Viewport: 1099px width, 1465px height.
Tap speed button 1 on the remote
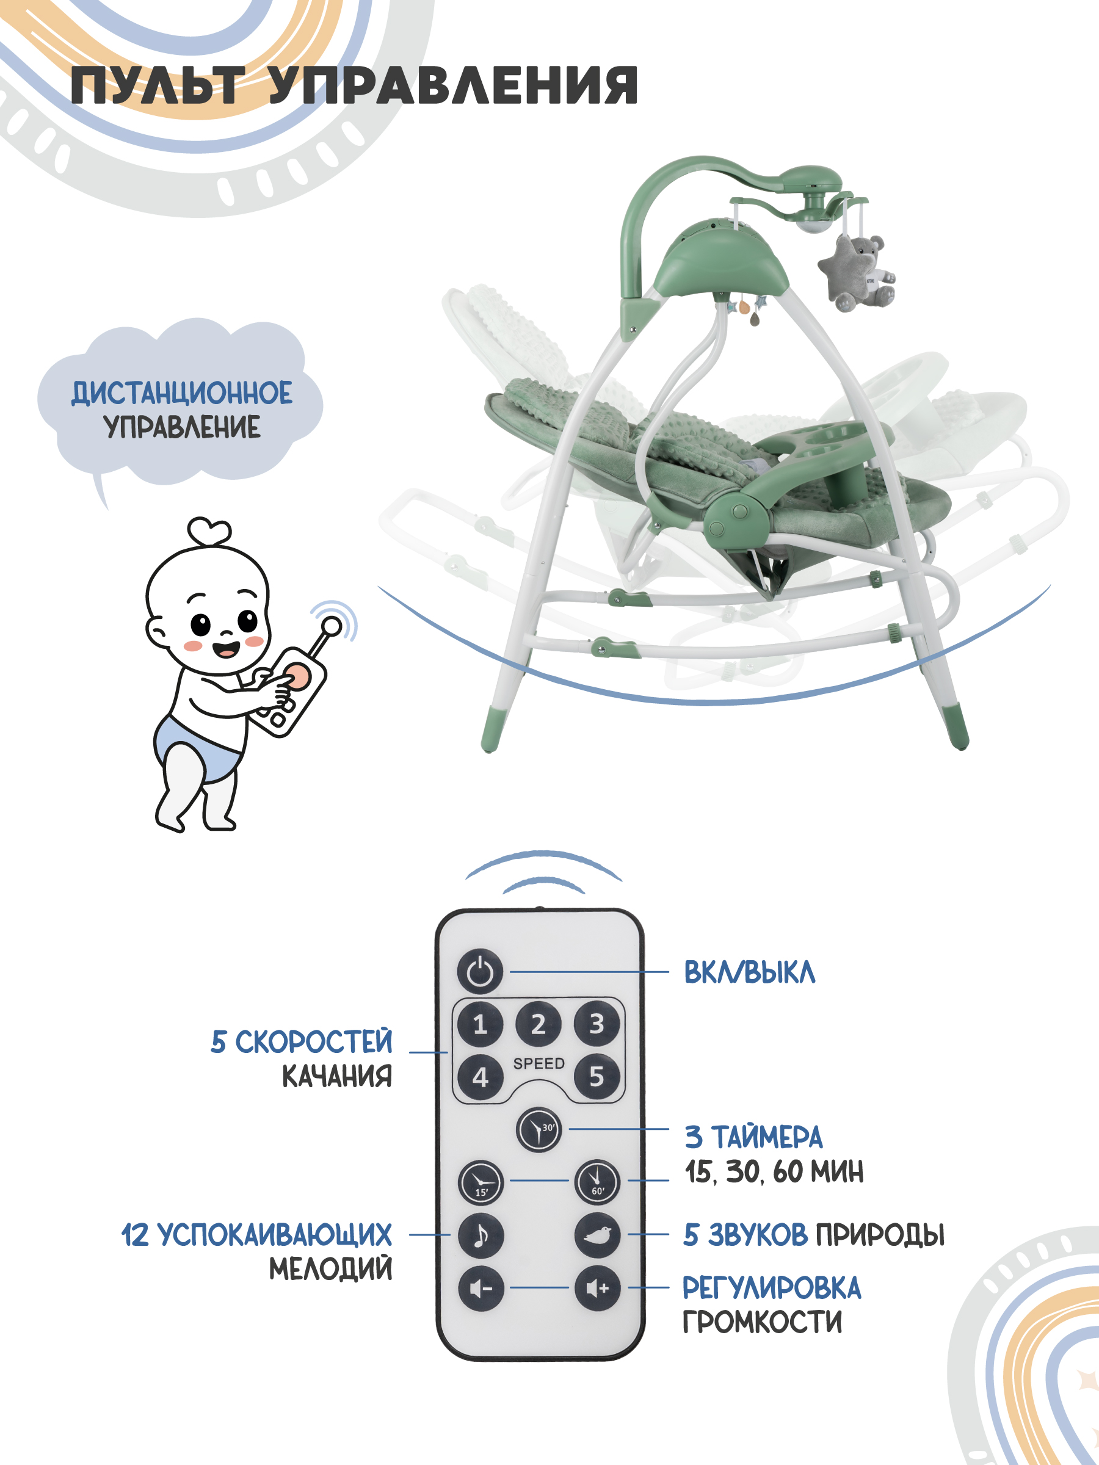481,1024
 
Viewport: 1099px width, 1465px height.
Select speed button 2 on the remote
539,1024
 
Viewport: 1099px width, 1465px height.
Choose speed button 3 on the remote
597,1024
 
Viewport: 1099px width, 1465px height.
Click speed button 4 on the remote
481,1077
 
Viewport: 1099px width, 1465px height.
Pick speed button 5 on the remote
597,1077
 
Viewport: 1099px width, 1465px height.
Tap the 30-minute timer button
539,1130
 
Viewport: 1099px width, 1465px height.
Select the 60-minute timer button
598,1182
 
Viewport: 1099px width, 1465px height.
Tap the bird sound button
598,1234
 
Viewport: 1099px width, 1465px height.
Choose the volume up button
598,1288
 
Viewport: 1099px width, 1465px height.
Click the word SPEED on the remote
539,1063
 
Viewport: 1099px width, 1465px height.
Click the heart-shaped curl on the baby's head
209,530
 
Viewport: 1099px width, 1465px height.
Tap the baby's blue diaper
196,747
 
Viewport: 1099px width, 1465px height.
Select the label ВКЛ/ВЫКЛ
749,972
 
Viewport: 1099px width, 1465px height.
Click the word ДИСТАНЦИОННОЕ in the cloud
181,392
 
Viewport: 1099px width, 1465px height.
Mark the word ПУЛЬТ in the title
158,85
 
